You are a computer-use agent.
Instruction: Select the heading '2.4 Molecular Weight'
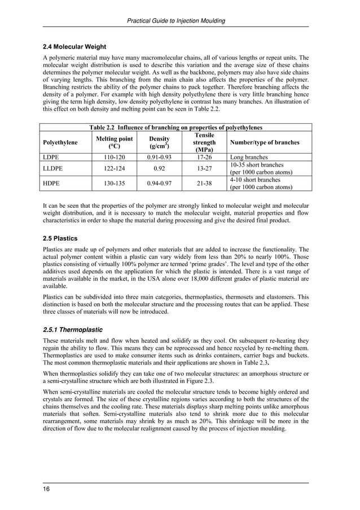(x=75, y=46)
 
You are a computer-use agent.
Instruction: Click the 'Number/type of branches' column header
(x=263, y=142)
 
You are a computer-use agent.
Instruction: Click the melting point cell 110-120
(x=115, y=158)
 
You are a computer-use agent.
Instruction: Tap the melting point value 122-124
(x=115, y=168)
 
